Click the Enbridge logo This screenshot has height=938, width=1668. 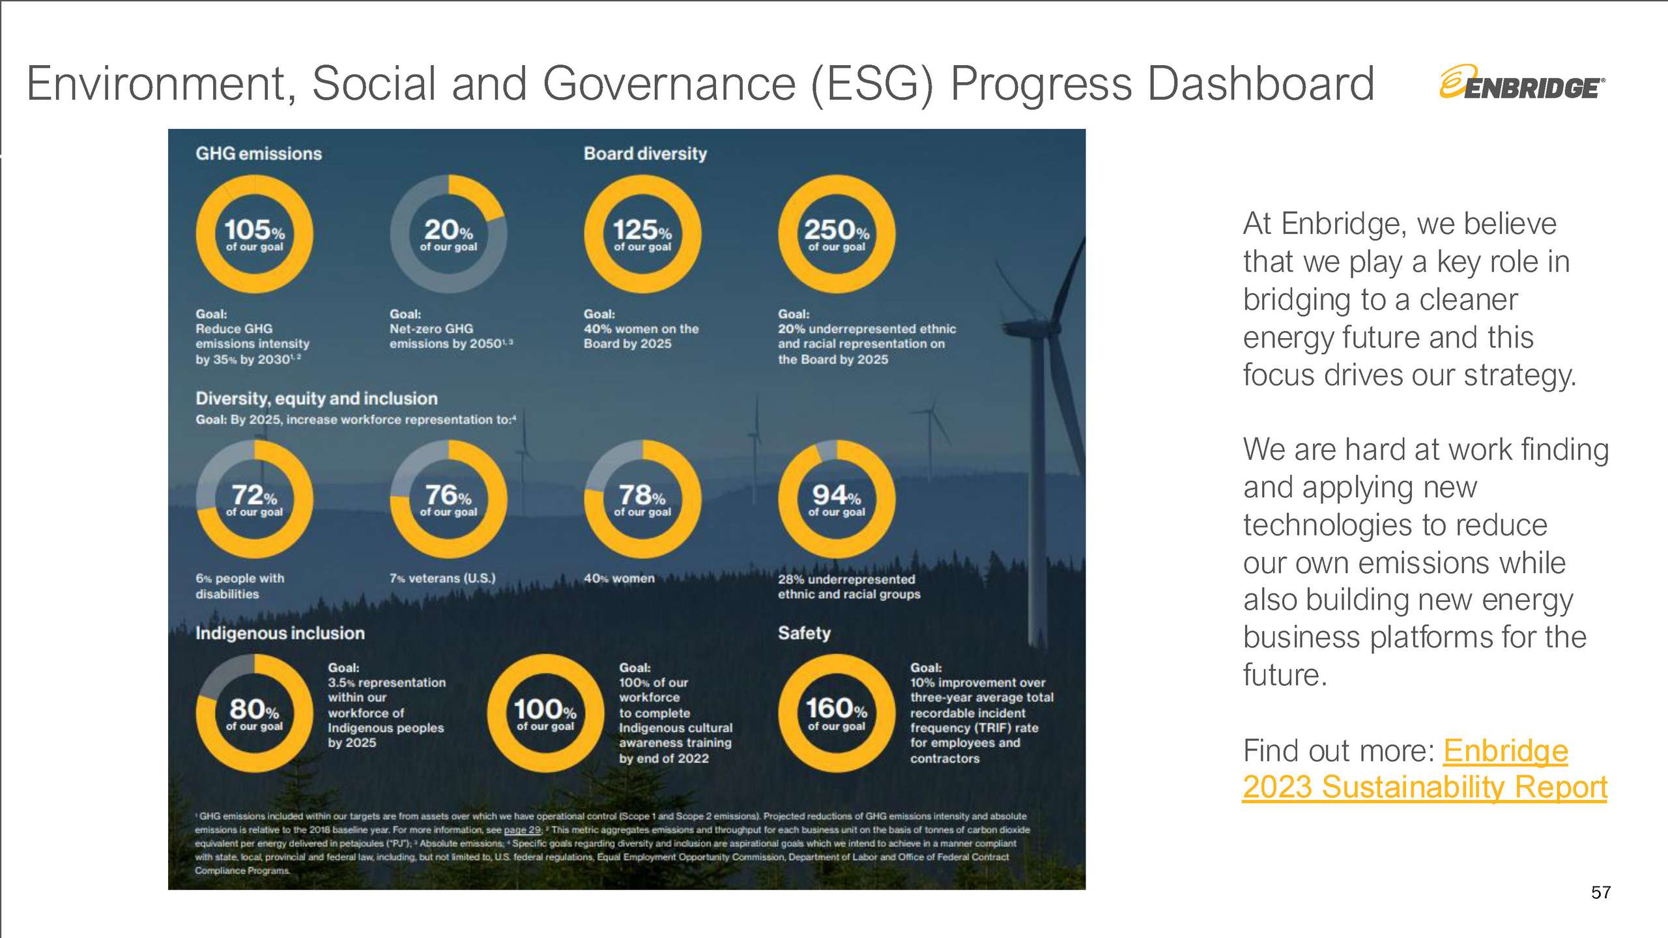(1521, 83)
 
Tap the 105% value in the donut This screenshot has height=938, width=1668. (254, 231)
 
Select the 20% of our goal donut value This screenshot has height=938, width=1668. (448, 231)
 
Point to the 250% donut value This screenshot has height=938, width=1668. (837, 231)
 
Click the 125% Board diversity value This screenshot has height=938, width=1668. (642, 231)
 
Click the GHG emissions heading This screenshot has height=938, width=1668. (259, 154)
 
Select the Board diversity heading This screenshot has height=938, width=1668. (645, 154)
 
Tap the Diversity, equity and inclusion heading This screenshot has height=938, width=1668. (317, 399)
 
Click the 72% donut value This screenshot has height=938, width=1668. (254, 496)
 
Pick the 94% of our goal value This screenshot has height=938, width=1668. (837, 496)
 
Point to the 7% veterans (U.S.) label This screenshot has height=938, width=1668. (442, 578)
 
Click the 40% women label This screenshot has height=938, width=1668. (619, 578)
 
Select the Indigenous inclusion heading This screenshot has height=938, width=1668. (280, 633)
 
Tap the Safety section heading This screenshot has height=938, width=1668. (804, 633)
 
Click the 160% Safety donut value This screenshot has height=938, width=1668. (837, 709)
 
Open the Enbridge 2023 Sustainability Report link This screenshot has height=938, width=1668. (1424, 787)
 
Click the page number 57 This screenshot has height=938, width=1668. (1600, 892)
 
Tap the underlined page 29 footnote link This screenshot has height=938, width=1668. (523, 830)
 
